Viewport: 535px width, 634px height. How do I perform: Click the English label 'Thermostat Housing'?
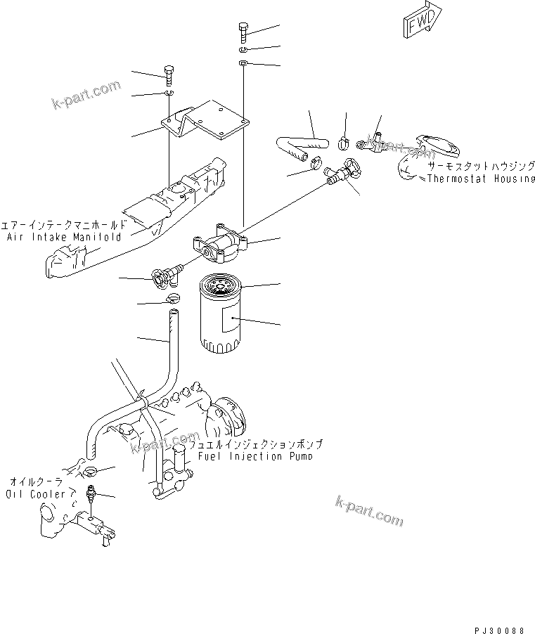[x=481, y=179]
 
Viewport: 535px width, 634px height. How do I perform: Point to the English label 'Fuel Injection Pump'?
[x=254, y=456]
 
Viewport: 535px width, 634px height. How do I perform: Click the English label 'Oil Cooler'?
[x=35, y=494]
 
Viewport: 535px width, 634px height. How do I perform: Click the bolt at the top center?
[x=242, y=32]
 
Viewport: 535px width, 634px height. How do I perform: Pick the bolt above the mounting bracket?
[x=169, y=73]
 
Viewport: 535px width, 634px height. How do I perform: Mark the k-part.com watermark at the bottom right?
[x=368, y=510]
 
